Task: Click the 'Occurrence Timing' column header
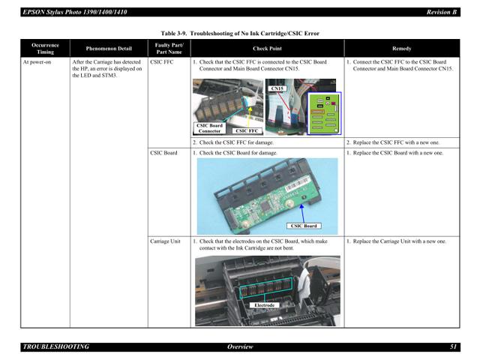pyautogui.click(x=45, y=48)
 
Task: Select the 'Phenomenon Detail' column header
pyautogui.click(x=109, y=48)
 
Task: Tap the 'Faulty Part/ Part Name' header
pyautogui.click(x=168, y=48)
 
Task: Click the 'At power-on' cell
pyautogui.click(x=37, y=62)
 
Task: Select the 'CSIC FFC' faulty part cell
pyautogui.click(x=163, y=62)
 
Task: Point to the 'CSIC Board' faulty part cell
pyautogui.click(x=164, y=153)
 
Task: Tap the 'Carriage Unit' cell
pyautogui.click(x=166, y=241)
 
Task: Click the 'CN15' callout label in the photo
pyautogui.click(x=277, y=88)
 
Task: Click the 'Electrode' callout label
pyautogui.click(x=265, y=305)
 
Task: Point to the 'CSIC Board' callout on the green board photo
pyautogui.click(x=304, y=226)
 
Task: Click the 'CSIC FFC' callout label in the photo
pyautogui.click(x=247, y=130)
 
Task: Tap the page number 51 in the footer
pyautogui.click(x=453, y=346)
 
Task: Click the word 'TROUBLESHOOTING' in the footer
pyautogui.click(x=56, y=346)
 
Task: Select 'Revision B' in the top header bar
pyautogui.click(x=441, y=12)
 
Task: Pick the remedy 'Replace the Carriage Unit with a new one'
pyautogui.click(x=399, y=241)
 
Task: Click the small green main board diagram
pyautogui.click(x=324, y=112)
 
